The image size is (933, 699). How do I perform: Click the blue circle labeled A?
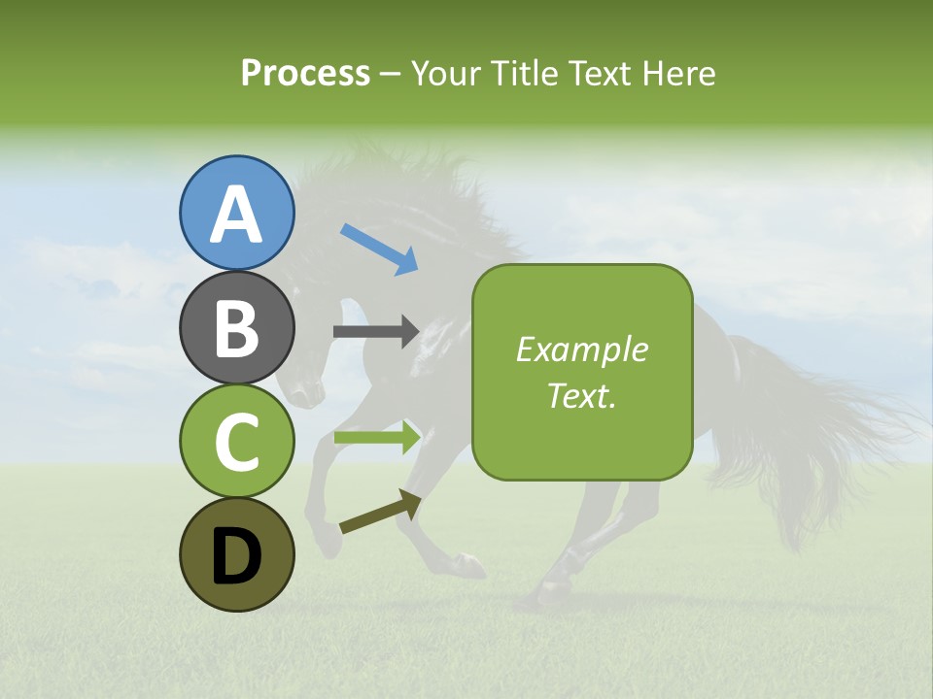[236, 213]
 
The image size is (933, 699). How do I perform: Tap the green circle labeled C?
[236, 441]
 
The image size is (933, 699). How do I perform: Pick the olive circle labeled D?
[236, 554]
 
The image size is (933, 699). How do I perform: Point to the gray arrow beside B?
[375, 331]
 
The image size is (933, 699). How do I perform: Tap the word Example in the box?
[581, 349]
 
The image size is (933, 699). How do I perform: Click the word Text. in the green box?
[581, 395]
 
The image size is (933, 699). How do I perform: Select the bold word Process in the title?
[305, 73]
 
